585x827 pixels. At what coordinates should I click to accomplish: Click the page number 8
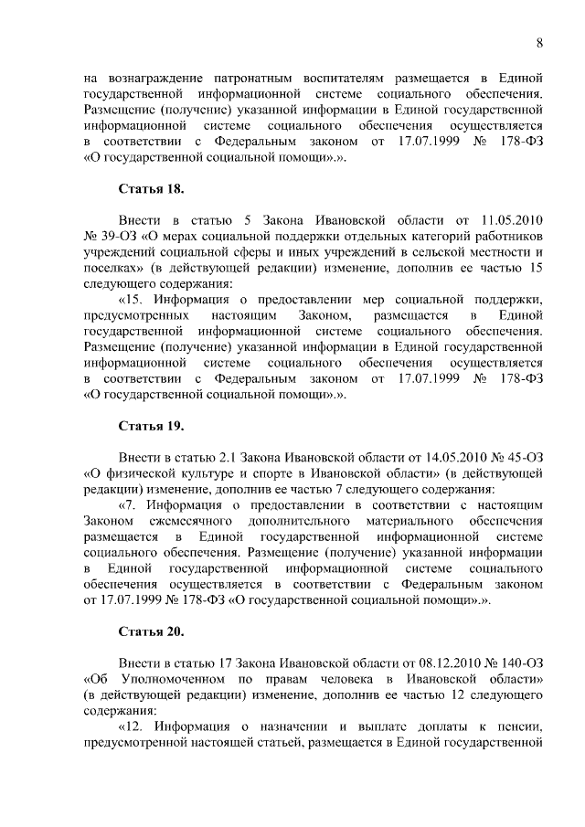point(539,42)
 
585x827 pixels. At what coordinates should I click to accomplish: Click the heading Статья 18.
point(152,189)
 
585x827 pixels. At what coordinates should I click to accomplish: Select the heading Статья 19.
point(152,427)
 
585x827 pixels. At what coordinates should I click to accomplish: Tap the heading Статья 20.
point(152,631)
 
